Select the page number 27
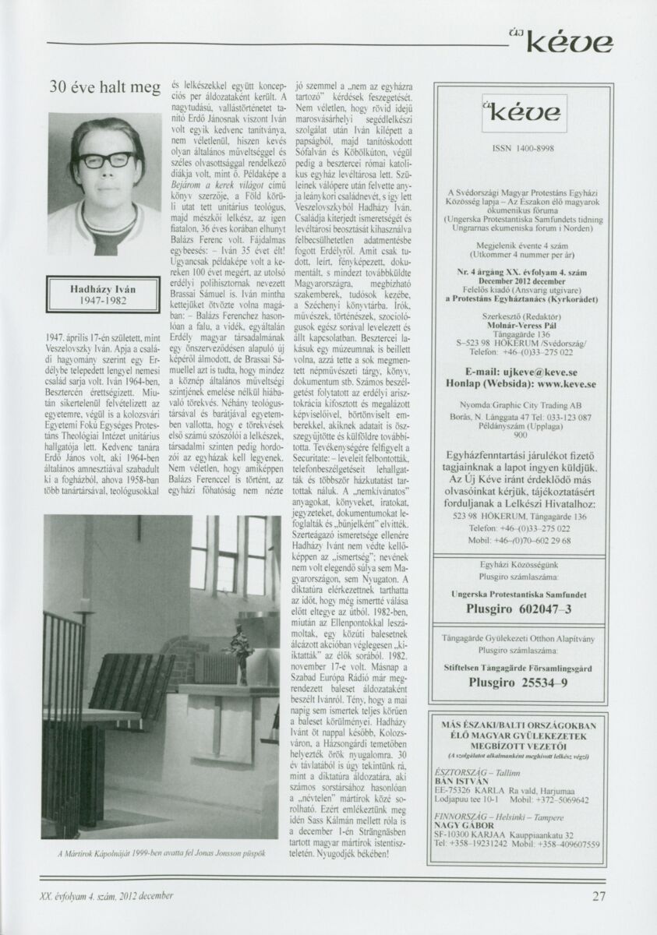coord(599,896)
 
